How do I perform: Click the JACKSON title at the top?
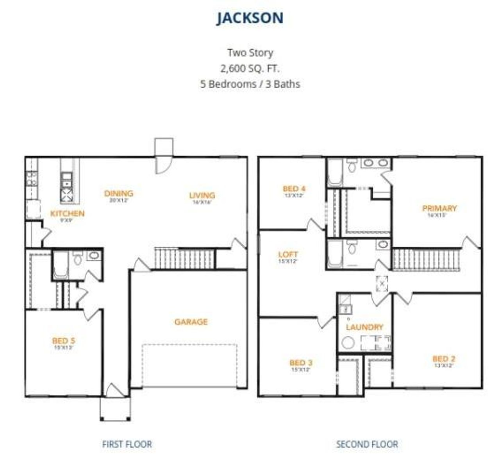(250, 18)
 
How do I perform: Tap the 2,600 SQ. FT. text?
(250, 68)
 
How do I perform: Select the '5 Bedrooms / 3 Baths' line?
(250, 84)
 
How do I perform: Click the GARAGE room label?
(191, 322)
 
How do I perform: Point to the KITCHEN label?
(67, 213)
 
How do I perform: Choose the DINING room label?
(119, 193)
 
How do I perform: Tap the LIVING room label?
(202, 195)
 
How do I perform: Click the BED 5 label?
(64, 341)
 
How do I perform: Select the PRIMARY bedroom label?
(439, 208)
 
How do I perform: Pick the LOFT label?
(288, 255)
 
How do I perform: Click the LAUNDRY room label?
(364, 327)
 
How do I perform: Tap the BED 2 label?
(444, 358)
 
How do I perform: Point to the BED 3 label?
(301, 362)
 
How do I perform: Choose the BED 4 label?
(294, 189)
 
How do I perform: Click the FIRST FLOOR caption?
(127, 444)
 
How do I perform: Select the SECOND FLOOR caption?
(367, 444)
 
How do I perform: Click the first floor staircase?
(185, 259)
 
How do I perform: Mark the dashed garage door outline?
(189, 366)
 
